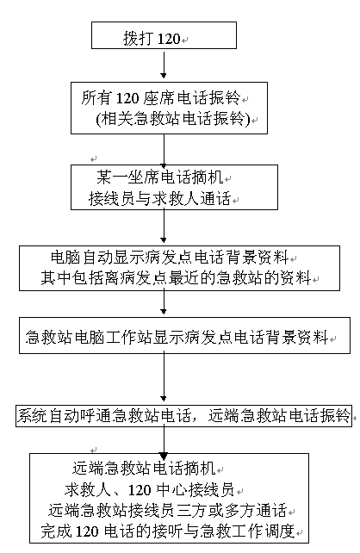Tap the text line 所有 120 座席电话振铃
161,97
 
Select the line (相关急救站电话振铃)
173,119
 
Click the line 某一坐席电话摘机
160,177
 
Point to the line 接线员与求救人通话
159,199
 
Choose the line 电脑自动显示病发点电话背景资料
170,258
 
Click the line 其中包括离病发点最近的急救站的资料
176,278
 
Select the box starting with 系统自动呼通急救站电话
183,416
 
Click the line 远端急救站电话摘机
144,469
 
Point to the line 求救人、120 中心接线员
149,489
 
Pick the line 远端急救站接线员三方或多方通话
167,510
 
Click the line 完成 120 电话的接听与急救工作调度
167,531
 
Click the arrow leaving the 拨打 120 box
164,65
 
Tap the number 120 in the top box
169,39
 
